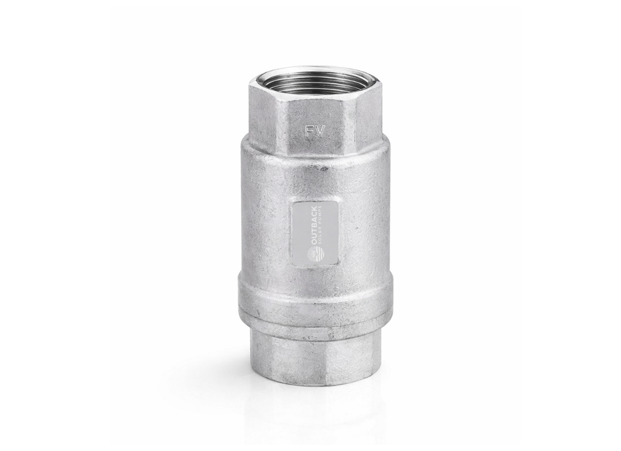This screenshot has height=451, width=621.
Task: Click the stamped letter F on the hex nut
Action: click(x=309, y=132)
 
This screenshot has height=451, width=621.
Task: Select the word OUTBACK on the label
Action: click(x=314, y=225)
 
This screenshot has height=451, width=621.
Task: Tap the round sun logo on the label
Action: click(x=314, y=254)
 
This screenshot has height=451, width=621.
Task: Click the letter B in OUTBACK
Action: click(x=314, y=226)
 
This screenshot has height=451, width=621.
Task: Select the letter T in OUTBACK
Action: click(x=314, y=232)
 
